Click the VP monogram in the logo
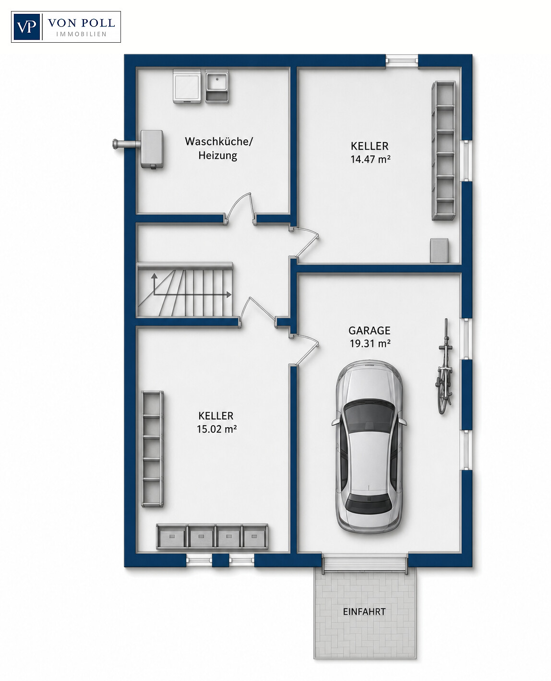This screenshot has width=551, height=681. pos(26,27)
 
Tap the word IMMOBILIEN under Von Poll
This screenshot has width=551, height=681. pos(81,34)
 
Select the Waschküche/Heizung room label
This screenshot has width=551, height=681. pos(218,148)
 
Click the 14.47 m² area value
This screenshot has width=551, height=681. pos(371,159)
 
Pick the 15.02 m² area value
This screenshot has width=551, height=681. pos(216,429)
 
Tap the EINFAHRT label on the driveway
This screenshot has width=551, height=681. pos(364,611)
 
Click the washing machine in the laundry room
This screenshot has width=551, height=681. pos(187,86)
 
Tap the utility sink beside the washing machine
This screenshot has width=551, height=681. pos(217,86)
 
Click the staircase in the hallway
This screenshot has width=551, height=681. pos(185,290)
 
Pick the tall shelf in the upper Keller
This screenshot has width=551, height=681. pos(443,151)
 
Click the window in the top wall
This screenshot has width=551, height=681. pos(402,61)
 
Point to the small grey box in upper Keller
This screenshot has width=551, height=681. pos(439,250)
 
